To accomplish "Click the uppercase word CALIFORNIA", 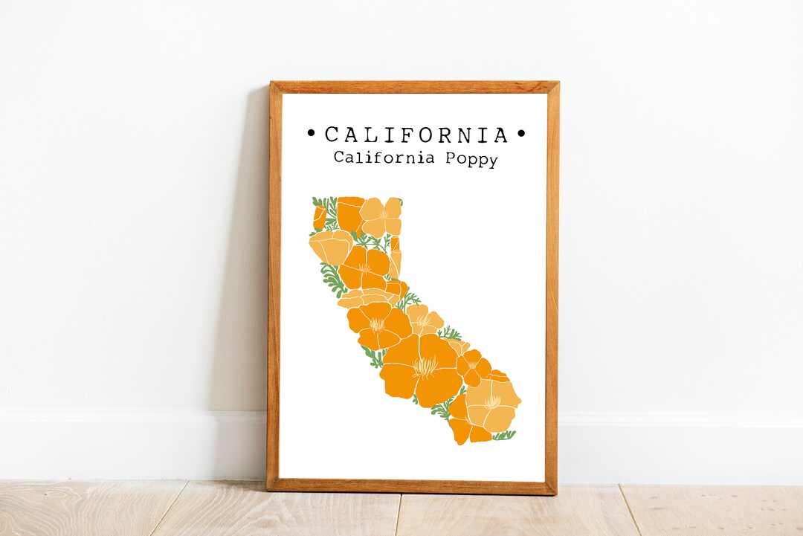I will pyautogui.click(x=416, y=135).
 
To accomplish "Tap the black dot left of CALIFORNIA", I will pyautogui.click(x=311, y=135).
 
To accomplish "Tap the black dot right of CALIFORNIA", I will pyautogui.click(x=521, y=135).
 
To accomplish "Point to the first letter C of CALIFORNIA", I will pyautogui.click(x=332, y=135).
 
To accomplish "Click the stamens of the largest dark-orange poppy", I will pyautogui.click(x=425, y=366).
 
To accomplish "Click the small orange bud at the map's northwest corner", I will pyautogui.click(x=319, y=216).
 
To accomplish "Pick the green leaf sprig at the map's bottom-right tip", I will pyautogui.click(x=505, y=435).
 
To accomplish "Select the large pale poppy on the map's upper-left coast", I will pyautogui.click(x=330, y=247).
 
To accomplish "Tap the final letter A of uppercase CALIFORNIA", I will pyautogui.click(x=500, y=135).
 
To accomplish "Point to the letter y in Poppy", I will pyautogui.click(x=491, y=160).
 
